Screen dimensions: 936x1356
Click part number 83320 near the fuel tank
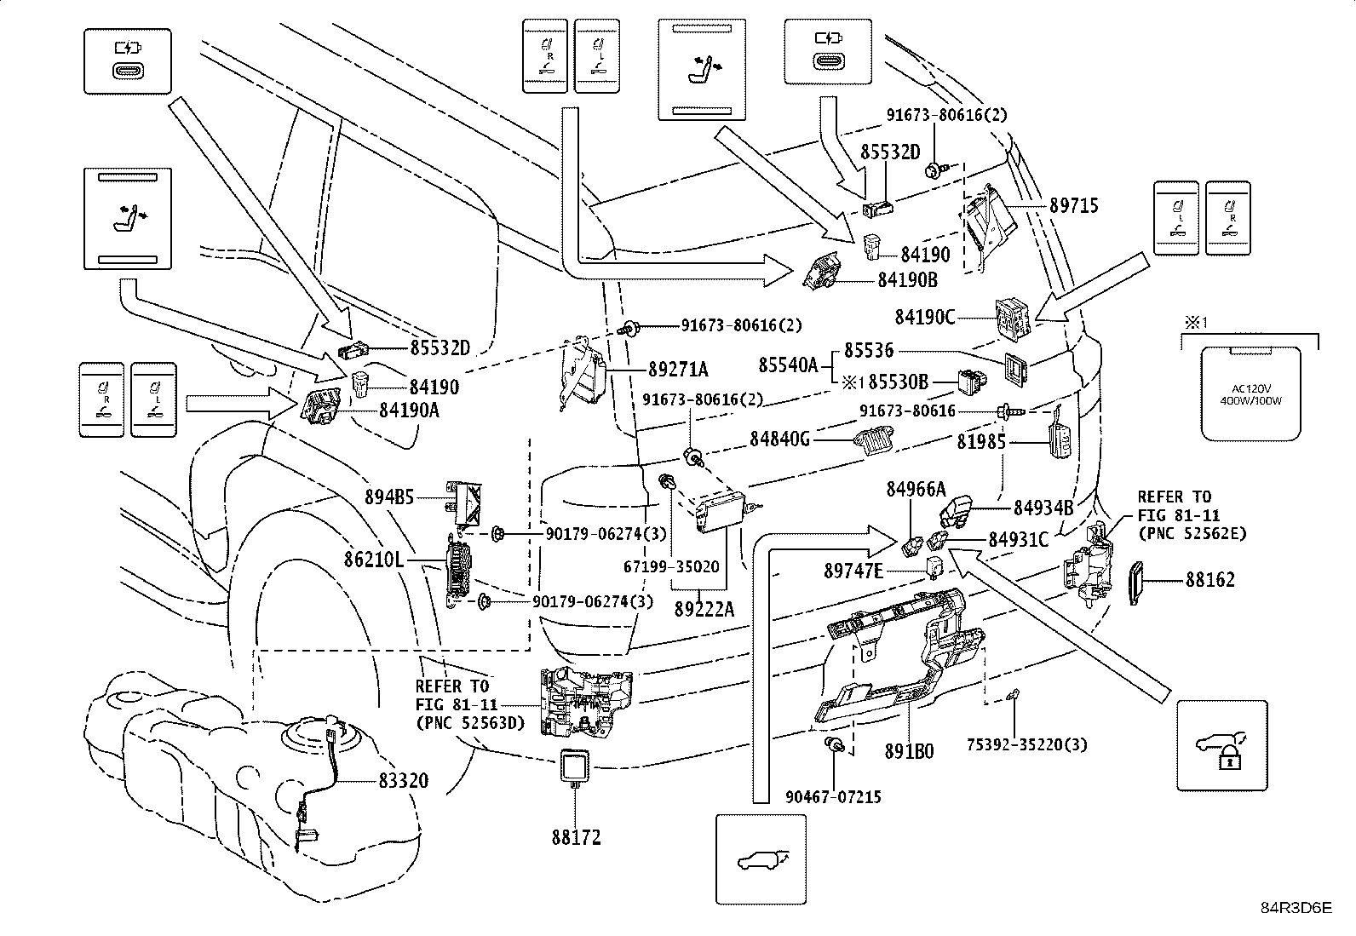[x=399, y=780]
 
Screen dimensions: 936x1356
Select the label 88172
[x=575, y=837]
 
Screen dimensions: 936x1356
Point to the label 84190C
[x=924, y=317]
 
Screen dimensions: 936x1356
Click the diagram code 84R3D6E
[x=1296, y=908]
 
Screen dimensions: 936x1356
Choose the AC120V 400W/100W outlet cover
[x=1250, y=393]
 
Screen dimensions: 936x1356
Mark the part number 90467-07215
[x=833, y=797]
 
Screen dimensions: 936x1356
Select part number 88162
[x=1209, y=580]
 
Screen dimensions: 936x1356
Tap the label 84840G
[x=779, y=439]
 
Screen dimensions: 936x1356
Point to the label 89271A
[x=678, y=369]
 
